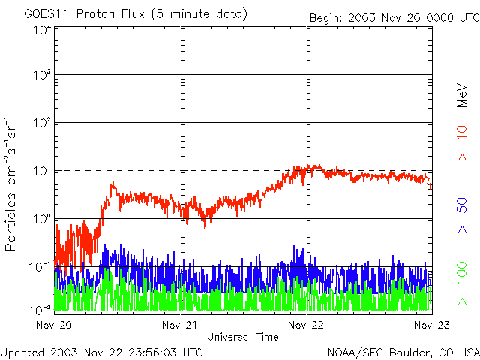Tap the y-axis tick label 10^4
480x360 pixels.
[41, 31]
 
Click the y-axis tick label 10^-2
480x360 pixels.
[40, 309]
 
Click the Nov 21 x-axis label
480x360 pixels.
[180, 325]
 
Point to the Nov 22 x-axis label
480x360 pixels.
[307, 325]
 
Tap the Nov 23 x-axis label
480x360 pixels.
[431, 325]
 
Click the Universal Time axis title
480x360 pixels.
[243, 337]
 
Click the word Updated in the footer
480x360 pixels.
[22, 352]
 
